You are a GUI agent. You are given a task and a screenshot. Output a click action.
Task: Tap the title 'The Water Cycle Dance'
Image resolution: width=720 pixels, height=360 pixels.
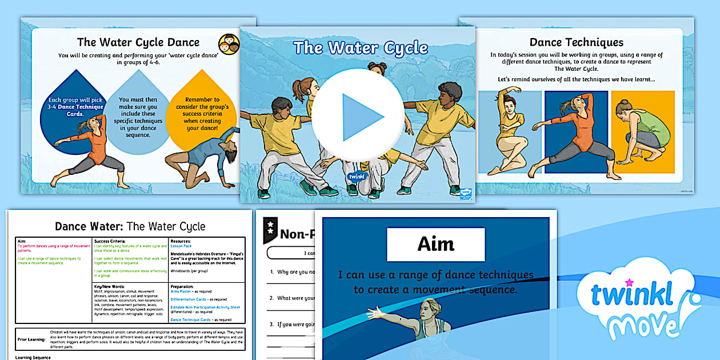coord(138,42)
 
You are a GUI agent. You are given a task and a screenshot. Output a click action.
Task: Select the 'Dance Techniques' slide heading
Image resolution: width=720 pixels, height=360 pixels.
coord(576,42)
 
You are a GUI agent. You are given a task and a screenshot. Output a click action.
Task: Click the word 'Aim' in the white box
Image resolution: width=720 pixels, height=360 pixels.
coord(435,244)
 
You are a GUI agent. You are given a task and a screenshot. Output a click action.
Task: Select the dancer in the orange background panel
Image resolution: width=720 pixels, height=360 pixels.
coord(634,134)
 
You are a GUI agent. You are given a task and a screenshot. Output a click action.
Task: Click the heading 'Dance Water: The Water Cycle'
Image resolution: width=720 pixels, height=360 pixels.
coord(130,226)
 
